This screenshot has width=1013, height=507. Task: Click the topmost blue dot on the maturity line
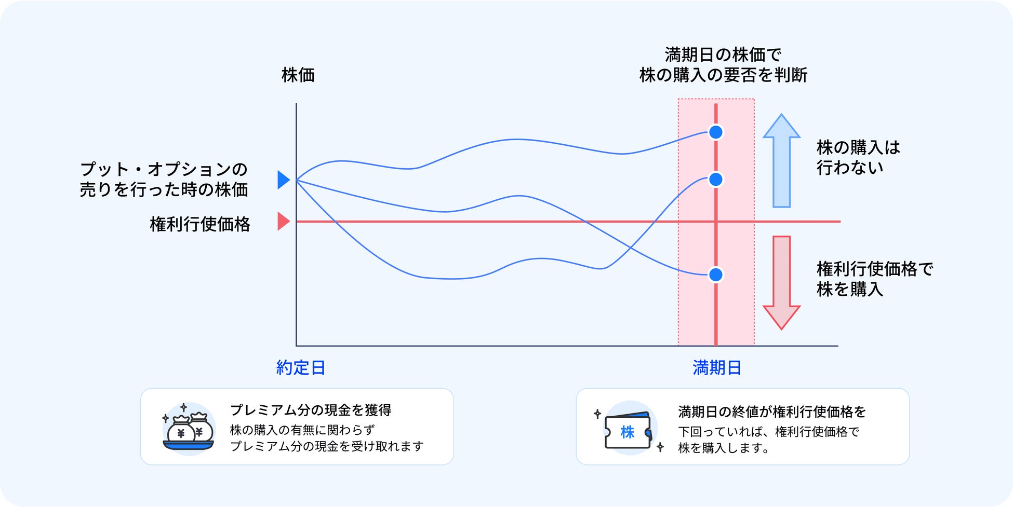tap(716, 132)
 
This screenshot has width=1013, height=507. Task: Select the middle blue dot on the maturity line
tap(716, 180)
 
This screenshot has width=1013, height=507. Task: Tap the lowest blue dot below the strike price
tap(716, 275)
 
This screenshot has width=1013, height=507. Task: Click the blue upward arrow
tap(781, 161)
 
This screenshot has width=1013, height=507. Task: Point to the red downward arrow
tap(781, 283)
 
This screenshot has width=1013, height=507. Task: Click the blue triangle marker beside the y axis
tap(284, 180)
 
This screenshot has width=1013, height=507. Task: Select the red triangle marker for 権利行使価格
tap(284, 221)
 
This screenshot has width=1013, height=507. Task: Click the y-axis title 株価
tap(298, 75)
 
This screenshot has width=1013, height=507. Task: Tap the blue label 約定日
tap(301, 368)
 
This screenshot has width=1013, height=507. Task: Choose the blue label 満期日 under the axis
tap(717, 368)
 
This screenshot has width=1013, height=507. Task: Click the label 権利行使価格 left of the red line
tap(200, 224)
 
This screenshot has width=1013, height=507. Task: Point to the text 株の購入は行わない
tap(858, 157)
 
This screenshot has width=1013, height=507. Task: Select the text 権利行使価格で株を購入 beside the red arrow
tap(875, 279)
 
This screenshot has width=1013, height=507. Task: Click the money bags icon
tap(189, 429)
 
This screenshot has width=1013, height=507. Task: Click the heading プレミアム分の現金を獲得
tap(311, 410)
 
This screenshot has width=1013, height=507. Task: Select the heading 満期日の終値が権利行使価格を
tap(772, 412)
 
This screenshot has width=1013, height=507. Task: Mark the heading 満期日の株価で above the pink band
tap(723, 54)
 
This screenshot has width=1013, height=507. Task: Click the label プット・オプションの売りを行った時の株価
tap(164, 179)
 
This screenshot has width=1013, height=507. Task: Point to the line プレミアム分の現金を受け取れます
tap(327, 446)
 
